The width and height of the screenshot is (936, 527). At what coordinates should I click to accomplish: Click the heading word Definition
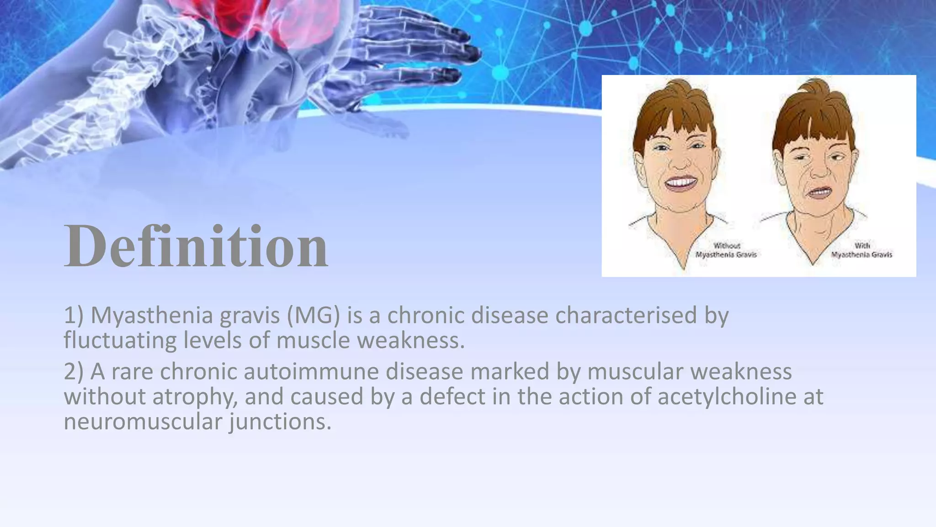tap(196, 247)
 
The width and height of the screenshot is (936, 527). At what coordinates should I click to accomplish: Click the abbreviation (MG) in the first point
tap(314, 316)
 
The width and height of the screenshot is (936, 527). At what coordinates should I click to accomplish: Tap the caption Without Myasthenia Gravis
tap(726, 250)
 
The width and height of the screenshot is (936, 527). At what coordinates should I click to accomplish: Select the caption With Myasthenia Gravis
tap(862, 250)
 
